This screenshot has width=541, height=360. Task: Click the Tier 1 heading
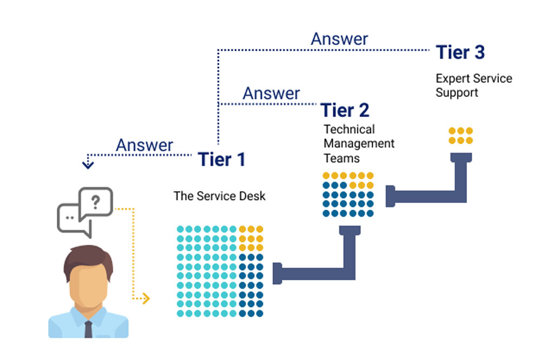[x=221, y=159]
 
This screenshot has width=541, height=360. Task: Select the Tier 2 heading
[x=345, y=110]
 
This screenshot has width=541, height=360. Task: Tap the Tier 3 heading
[x=460, y=53]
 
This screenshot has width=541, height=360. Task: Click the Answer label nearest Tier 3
[x=339, y=39]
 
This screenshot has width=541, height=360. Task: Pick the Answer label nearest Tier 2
[x=271, y=93]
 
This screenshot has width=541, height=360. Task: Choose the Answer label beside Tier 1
[x=144, y=145]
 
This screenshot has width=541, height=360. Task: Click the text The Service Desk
[x=220, y=196]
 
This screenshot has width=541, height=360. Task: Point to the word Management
[x=359, y=144]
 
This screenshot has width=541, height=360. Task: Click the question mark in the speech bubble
[x=96, y=202]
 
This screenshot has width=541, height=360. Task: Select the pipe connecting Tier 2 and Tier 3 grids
[x=433, y=189]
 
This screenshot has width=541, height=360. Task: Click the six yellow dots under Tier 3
[x=460, y=136]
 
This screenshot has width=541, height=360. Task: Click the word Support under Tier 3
[x=457, y=92]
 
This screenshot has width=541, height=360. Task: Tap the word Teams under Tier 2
[x=341, y=158]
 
